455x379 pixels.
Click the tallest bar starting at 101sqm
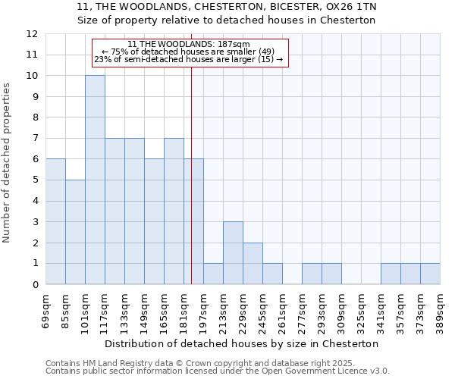click(95, 180)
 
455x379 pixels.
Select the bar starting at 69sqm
click(55, 221)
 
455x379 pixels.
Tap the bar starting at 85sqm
click(75, 232)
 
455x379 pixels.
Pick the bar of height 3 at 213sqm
click(233, 253)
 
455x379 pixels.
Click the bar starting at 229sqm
click(253, 264)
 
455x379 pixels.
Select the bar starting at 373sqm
click(430, 274)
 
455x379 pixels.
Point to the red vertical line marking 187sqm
click(191, 174)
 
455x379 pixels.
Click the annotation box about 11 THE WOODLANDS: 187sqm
click(190, 52)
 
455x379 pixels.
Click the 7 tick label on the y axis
click(34, 139)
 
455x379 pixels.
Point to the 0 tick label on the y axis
click(34, 285)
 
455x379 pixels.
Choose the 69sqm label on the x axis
click(45, 309)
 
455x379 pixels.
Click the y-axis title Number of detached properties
click(7, 163)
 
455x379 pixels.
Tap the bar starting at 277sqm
click(312, 274)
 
